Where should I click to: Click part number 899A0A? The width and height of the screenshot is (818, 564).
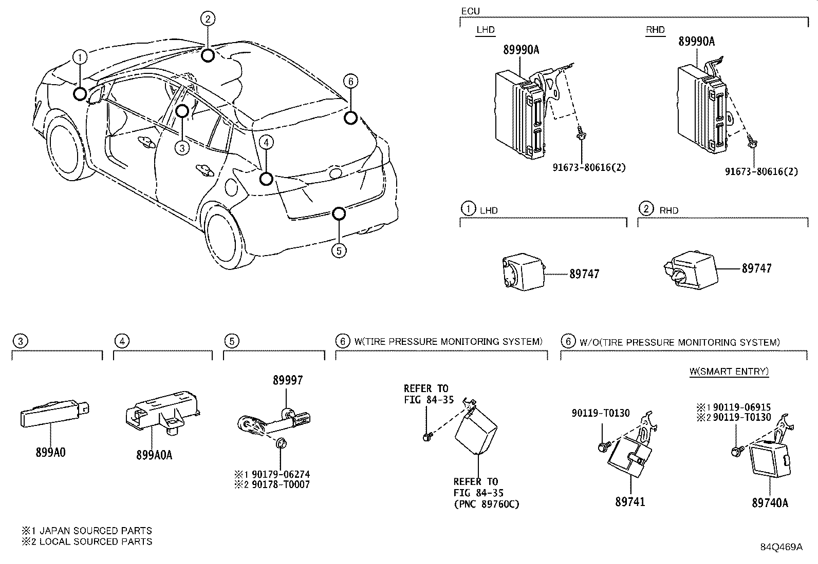[154, 454]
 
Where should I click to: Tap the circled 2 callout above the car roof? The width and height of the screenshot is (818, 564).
[207, 20]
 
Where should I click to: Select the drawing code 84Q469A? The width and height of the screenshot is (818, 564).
[781, 547]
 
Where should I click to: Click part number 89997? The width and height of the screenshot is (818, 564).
[287, 380]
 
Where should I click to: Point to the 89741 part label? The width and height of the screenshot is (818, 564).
[630, 501]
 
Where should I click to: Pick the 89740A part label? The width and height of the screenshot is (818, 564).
[770, 503]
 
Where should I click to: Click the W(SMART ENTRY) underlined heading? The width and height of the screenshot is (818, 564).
[729, 371]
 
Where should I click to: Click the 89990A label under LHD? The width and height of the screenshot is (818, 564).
[520, 50]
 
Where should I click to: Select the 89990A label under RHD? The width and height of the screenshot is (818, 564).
[696, 42]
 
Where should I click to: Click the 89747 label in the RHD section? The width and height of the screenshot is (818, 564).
[756, 268]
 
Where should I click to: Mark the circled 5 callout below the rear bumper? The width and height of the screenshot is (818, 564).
[338, 250]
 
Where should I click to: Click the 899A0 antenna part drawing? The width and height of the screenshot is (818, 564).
[55, 413]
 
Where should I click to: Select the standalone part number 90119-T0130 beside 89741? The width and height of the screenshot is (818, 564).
[600, 413]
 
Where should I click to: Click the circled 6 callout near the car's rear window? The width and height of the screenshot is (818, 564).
[350, 81]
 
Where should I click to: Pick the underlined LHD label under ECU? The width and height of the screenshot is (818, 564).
[485, 30]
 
